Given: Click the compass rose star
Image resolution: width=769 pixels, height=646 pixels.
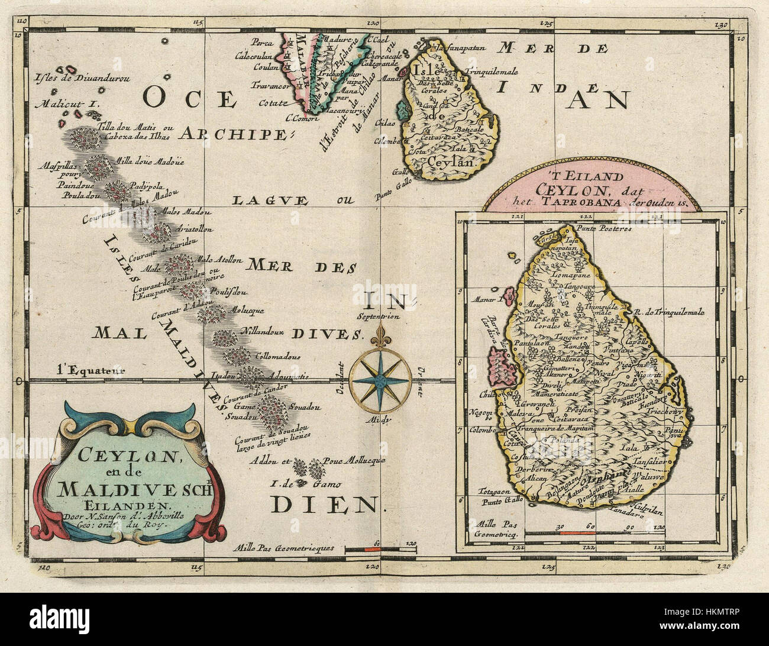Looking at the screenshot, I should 379,381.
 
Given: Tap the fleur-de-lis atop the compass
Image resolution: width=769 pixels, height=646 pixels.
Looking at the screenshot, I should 379,339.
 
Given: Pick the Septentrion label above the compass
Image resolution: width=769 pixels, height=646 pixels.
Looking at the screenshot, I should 379,316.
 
